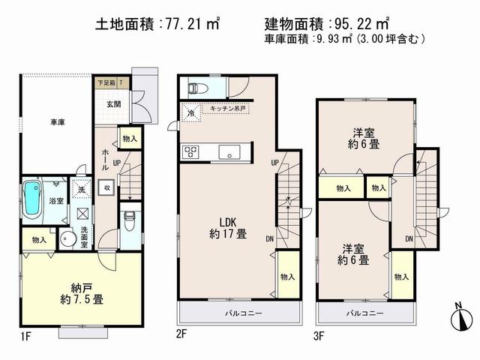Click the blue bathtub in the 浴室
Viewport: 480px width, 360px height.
tap(32, 199)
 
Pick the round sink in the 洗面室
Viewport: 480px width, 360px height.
tap(67, 241)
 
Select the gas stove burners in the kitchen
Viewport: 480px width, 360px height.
tap(190, 152)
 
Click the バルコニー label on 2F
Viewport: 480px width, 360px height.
tap(238, 313)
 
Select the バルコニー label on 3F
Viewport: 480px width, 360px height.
tap(364, 313)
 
